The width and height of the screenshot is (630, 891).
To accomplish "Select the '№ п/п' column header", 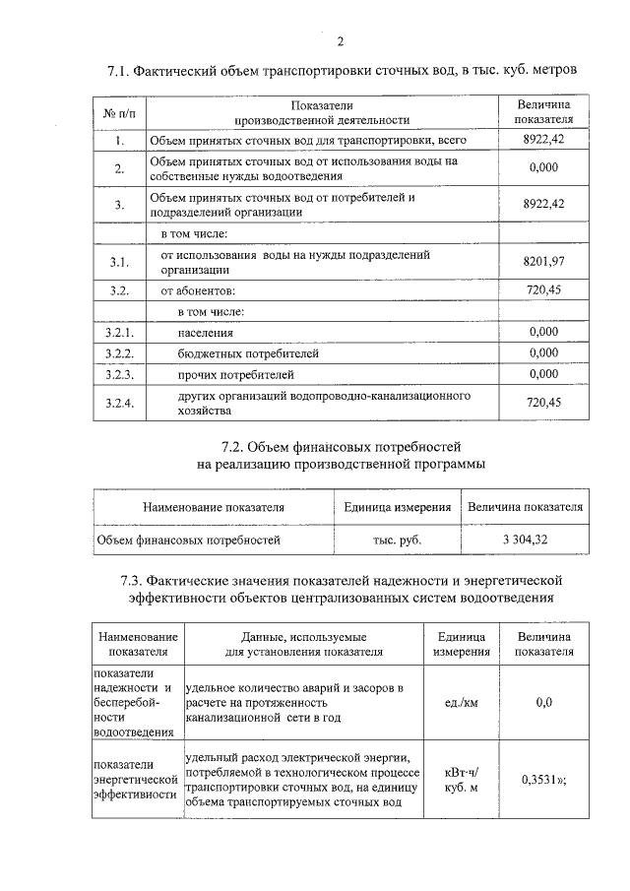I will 118,112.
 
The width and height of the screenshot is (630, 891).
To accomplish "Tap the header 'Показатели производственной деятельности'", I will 321,112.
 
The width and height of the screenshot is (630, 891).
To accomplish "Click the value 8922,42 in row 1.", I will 543,141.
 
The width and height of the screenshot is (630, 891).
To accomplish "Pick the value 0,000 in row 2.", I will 543,168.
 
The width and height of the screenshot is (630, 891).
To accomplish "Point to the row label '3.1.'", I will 119,261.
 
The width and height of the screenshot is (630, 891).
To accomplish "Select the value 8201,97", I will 543,261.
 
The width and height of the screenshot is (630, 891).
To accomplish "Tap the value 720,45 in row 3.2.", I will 543,291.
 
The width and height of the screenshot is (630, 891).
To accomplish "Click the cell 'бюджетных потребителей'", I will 248,353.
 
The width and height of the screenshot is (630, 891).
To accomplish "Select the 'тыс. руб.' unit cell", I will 397,540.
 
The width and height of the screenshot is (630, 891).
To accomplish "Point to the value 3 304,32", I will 526,540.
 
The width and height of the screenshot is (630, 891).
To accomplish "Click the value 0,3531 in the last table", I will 539,780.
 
